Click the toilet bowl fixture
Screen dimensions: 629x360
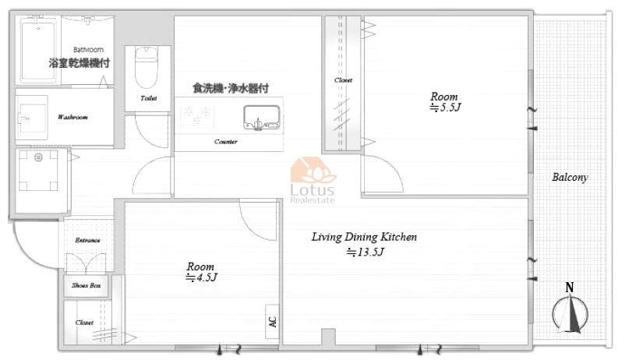(147, 67)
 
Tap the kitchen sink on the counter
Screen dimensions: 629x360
(262, 118)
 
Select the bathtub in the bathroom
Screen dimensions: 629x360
(37, 50)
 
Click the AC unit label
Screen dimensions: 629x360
(273, 322)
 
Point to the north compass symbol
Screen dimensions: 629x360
(570, 309)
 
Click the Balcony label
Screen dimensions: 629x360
(570, 177)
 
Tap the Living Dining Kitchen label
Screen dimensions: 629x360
(364, 237)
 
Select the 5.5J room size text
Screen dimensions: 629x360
(445, 108)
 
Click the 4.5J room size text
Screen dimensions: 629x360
(201, 277)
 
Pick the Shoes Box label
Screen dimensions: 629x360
(87, 285)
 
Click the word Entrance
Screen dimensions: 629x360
(87, 240)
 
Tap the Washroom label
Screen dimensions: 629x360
(72, 117)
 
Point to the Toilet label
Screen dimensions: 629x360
(148, 98)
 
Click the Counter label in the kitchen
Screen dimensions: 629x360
(225, 142)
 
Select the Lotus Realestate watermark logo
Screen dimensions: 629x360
(313, 180)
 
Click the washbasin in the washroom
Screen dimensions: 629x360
(32, 118)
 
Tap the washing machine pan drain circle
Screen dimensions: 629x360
(38, 157)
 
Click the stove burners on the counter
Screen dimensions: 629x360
(196, 115)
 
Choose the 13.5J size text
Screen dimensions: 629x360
(366, 252)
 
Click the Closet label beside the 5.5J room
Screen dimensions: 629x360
(343, 80)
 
